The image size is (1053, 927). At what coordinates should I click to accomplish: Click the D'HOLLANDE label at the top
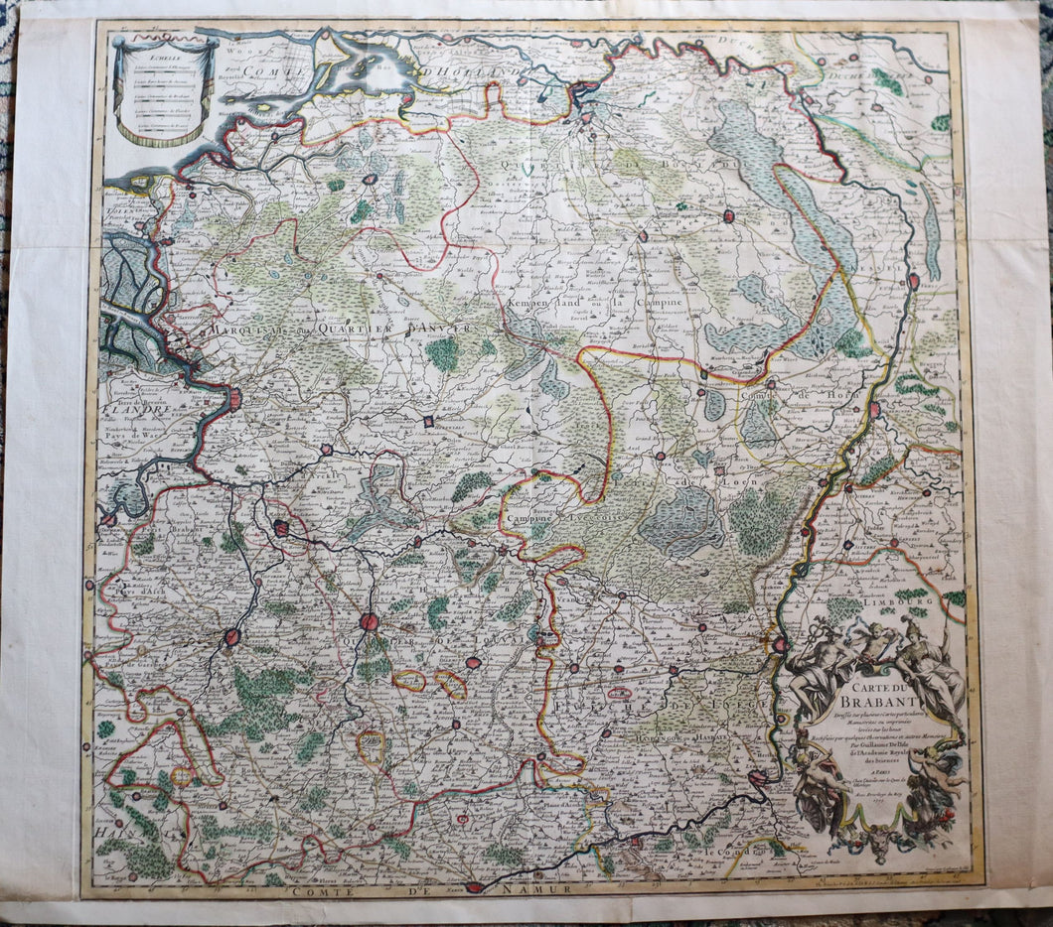462,71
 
